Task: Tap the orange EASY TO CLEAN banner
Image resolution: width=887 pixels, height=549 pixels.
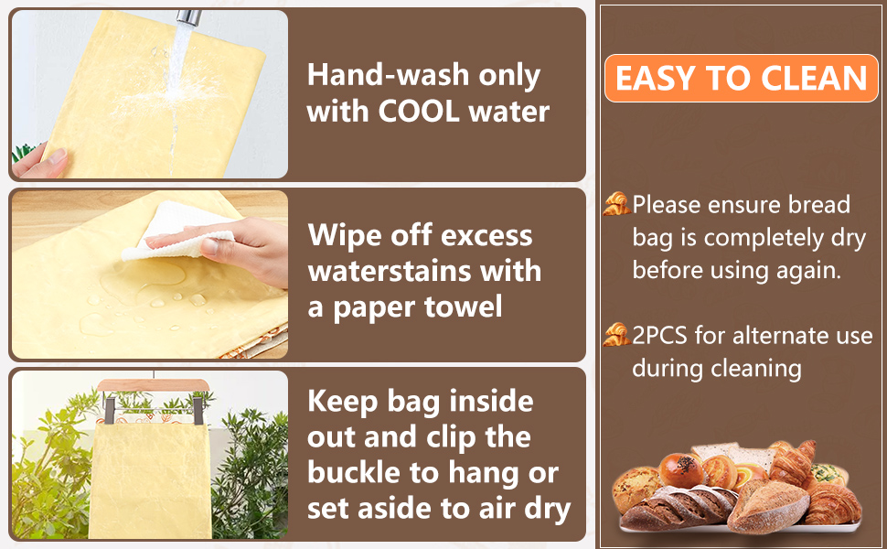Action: click(741, 78)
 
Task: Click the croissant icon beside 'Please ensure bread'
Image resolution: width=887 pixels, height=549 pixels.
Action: click(615, 204)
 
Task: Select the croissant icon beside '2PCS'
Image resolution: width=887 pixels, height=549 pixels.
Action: click(615, 335)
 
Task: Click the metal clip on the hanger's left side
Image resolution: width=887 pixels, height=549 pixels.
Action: click(109, 410)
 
